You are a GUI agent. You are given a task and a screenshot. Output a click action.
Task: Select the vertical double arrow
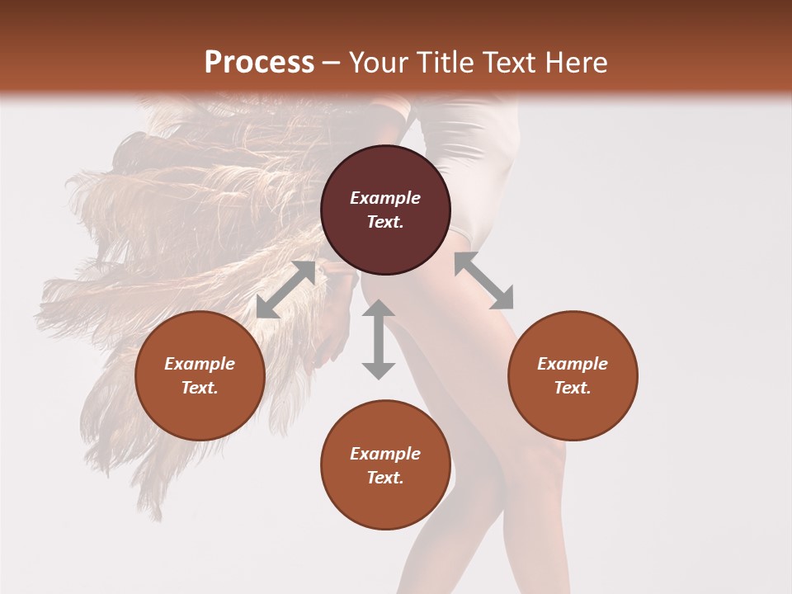pos(379,339)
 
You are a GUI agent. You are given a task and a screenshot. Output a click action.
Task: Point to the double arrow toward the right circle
pos(483,280)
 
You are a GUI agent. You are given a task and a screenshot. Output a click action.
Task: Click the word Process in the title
pos(259,62)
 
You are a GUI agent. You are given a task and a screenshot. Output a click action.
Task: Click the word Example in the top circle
pos(385,198)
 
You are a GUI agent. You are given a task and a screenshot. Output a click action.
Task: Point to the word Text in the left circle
pos(200,388)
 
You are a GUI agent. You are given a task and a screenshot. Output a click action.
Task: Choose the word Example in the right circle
pos(573,364)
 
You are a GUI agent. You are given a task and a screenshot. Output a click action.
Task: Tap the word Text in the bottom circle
pos(385,478)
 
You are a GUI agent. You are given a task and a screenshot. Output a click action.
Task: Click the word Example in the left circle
pos(200,364)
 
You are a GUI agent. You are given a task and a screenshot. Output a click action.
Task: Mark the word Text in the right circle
pos(573,388)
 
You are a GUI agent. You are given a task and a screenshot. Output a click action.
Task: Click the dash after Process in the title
pos(332,63)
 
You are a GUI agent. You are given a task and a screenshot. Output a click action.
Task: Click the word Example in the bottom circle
pos(385,454)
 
